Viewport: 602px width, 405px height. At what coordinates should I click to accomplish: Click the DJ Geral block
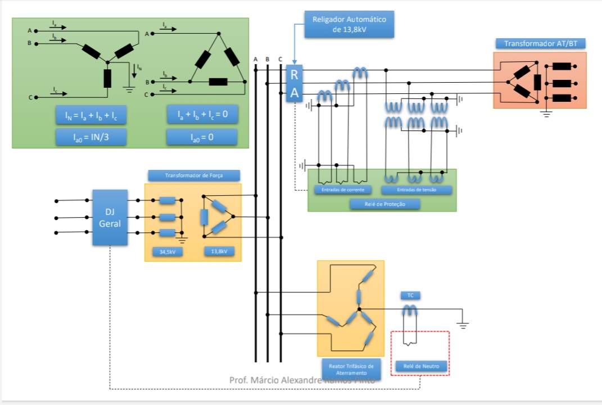[x=110, y=217]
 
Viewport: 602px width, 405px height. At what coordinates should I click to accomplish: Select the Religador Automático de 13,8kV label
[x=350, y=24]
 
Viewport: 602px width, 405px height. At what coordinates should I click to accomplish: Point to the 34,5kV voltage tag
[x=168, y=252]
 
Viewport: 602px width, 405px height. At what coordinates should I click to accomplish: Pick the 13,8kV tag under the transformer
[x=219, y=252]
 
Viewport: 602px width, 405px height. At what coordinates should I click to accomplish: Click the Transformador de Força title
[x=194, y=175]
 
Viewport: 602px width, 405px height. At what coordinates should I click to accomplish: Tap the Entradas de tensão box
[x=417, y=190]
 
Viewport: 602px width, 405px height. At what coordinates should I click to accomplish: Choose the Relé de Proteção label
[x=385, y=204]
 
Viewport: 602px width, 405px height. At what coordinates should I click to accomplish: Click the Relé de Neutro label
[x=421, y=367]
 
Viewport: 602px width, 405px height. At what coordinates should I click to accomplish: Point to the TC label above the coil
[x=410, y=295]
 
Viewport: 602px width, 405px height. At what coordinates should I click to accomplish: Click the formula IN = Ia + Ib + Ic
[x=90, y=115]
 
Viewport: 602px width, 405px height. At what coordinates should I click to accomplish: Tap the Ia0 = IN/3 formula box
[x=90, y=137]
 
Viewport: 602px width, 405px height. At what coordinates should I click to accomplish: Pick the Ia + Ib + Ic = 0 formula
[x=202, y=115]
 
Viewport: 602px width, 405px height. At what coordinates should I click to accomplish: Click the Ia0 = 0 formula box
[x=202, y=137]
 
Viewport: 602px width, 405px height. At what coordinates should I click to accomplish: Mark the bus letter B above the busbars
[x=268, y=59]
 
